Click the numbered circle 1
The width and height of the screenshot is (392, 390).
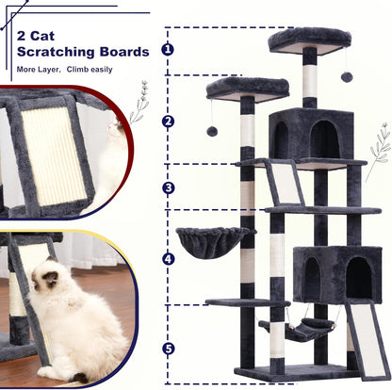168,49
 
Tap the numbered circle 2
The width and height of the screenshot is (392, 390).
168,121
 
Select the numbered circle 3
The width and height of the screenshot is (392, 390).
168,187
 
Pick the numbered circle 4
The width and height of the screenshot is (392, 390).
168,257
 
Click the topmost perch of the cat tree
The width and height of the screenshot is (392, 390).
308,40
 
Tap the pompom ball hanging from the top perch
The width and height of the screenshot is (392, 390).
347,75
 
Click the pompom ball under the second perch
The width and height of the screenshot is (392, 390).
212,131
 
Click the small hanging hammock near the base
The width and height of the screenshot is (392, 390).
301,329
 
